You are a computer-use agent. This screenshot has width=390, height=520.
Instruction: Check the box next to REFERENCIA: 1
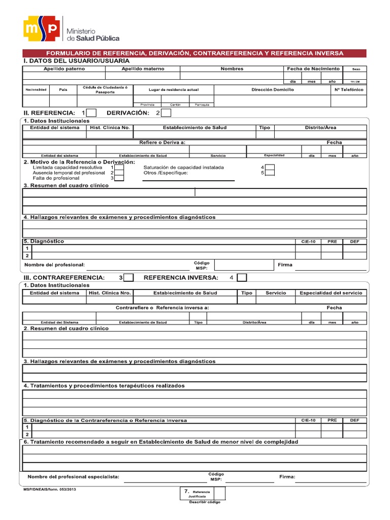click(92, 113)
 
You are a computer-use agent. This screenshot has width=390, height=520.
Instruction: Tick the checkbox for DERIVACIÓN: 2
click(166, 113)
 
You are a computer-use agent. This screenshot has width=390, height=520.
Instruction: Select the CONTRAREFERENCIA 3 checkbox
click(129, 278)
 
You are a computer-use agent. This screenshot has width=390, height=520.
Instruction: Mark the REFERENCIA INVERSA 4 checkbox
click(242, 278)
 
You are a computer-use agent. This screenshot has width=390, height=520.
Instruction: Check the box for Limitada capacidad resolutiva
click(119, 167)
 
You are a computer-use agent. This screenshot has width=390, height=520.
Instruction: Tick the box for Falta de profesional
click(119, 178)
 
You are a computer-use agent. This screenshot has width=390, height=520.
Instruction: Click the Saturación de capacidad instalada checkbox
click(270, 167)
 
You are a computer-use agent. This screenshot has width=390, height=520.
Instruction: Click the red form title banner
click(194, 53)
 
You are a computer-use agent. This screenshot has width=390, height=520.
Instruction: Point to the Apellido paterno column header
click(64, 69)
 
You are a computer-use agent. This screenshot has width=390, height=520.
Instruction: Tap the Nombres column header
click(232, 69)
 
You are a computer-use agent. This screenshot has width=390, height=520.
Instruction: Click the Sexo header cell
click(355, 69)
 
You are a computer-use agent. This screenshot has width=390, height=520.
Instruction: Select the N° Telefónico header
click(349, 89)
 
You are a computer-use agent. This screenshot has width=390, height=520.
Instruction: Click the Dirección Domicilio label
click(272, 89)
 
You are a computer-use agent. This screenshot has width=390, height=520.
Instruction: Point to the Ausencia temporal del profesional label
click(69, 173)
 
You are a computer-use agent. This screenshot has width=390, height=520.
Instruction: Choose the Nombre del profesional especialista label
click(74, 477)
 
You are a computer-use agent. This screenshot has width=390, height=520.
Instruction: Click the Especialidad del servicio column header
click(331, 293)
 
